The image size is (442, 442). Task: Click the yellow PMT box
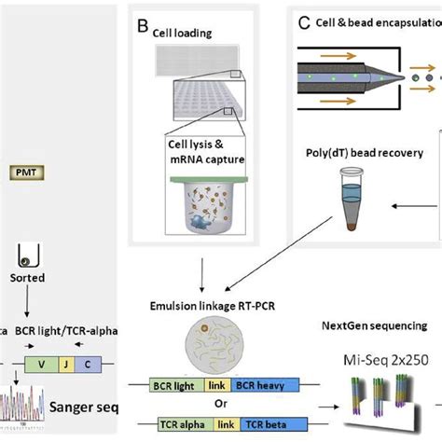(x=23, y=172)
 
